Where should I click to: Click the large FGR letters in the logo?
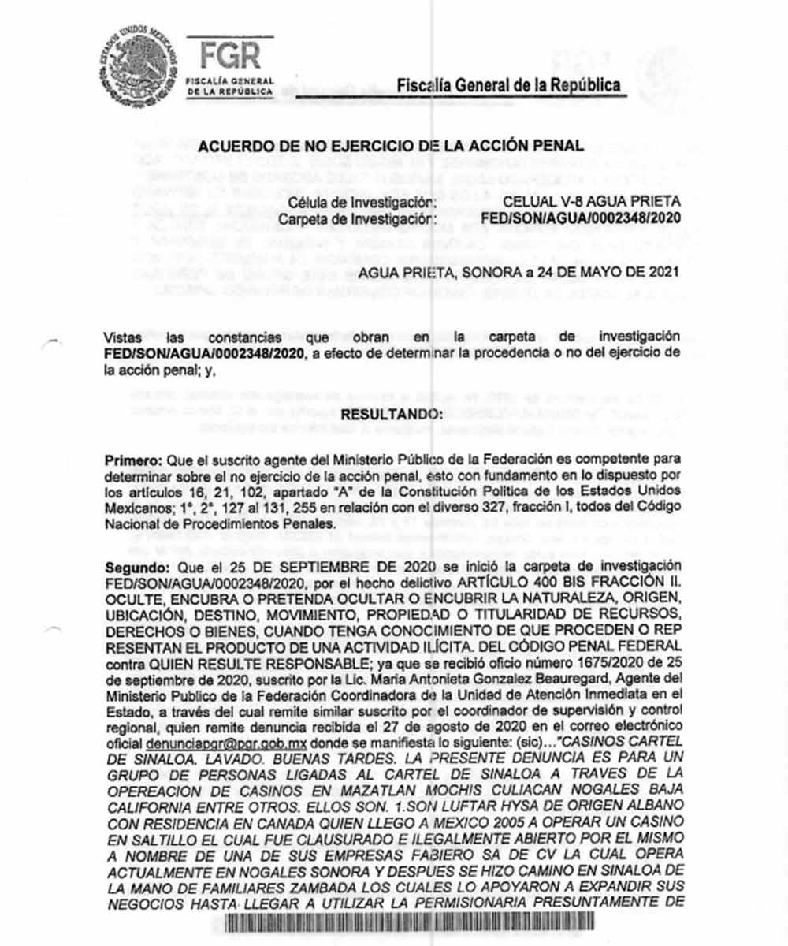[x=230, y=55]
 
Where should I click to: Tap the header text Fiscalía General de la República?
[x=508, y=85]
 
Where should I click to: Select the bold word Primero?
[x=129, y=460]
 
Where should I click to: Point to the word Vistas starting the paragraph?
[x=125, y=337]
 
